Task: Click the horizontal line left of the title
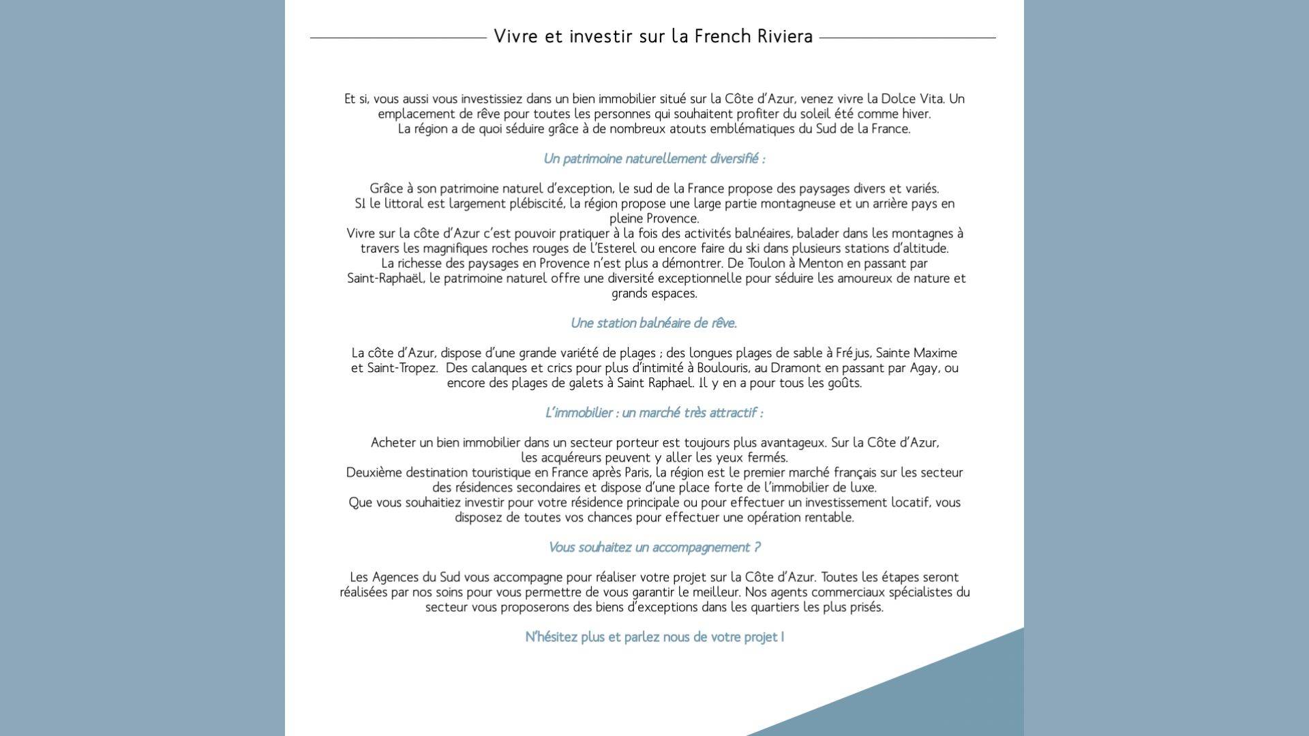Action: point(398,37)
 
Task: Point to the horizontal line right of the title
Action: point(907,37)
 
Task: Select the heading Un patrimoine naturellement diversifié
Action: point(654,159)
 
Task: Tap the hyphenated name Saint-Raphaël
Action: point(385,279)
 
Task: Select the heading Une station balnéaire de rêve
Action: point(654,323)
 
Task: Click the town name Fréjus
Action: point(852,353)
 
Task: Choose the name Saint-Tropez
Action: point(402,368)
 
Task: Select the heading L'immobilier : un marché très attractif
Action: point(654,413)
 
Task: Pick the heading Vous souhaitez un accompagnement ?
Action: point(654,547)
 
